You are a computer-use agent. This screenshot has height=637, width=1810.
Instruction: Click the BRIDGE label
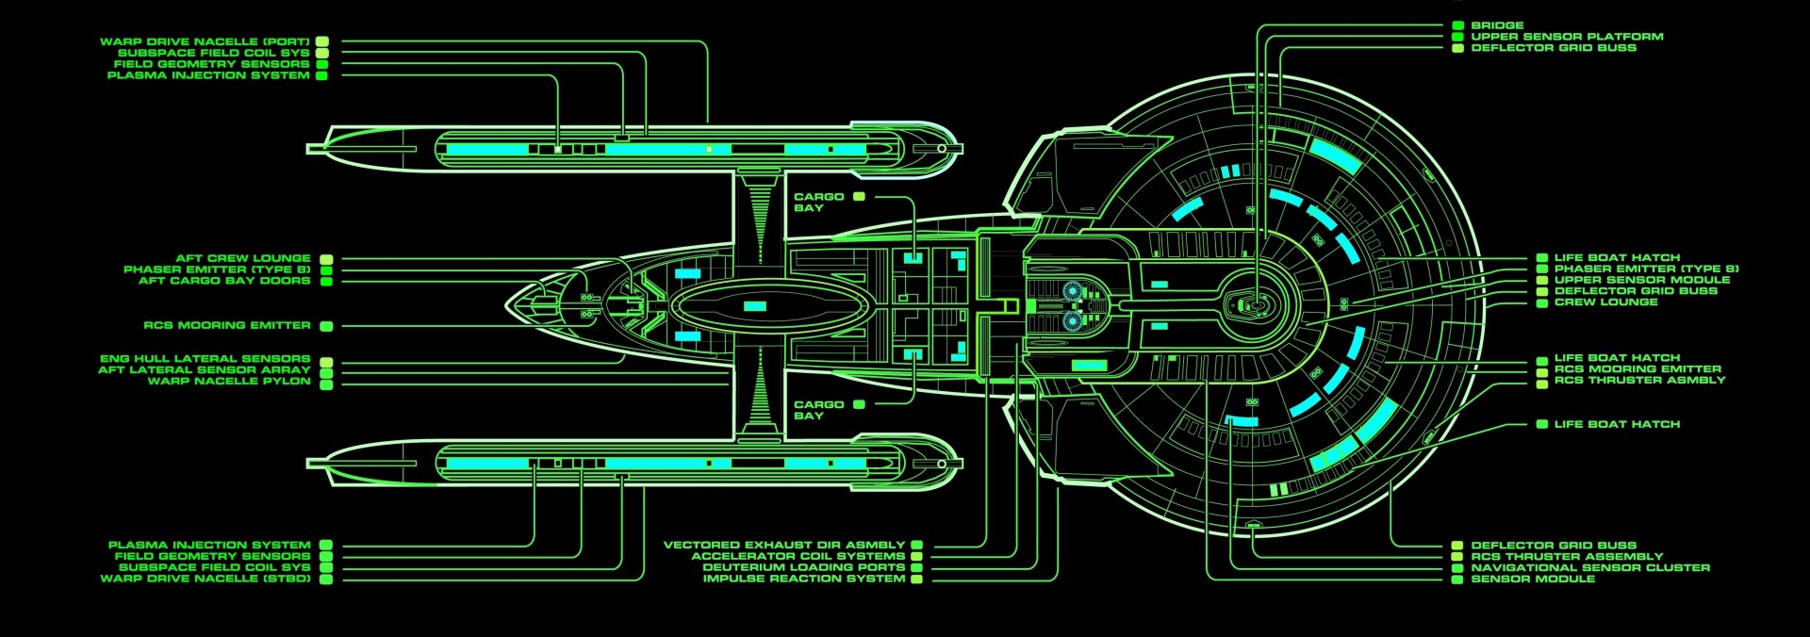(1497, 25)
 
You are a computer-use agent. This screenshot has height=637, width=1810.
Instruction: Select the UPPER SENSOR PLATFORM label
(1567, 37)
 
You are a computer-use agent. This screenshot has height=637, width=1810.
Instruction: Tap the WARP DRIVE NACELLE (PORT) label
(205, 41)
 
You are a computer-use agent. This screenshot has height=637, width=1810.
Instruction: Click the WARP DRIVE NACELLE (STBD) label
(205, 579)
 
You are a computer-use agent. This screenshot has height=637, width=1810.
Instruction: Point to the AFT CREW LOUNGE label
(242, 258)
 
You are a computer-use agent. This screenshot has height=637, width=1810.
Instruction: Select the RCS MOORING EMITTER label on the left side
(226, 325)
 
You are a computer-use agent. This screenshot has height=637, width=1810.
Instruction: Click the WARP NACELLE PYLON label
(228, 382)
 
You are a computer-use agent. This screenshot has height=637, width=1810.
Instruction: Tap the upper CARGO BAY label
(818, 202)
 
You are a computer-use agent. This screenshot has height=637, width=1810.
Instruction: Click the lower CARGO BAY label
(818, 410)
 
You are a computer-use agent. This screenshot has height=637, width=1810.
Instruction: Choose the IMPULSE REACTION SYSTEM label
(803, 579)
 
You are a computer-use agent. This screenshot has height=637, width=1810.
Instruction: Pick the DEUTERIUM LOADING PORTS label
(803, 567)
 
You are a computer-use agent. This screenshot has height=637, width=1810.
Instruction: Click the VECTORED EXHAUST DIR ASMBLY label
(783, 545)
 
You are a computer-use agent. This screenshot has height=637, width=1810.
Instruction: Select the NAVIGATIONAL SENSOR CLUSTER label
(1589, 567)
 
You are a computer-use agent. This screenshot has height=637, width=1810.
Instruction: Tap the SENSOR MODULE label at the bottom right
(1533, 579)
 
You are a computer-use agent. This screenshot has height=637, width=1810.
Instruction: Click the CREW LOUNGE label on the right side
(1605, 302)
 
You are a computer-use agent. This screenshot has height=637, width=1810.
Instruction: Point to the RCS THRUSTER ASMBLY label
(1639, 380)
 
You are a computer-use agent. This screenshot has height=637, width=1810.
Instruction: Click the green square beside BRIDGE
(1458, 25)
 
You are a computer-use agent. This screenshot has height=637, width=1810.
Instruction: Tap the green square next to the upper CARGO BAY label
(859, 197)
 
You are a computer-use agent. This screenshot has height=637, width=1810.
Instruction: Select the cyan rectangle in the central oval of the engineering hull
(754, 306)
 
